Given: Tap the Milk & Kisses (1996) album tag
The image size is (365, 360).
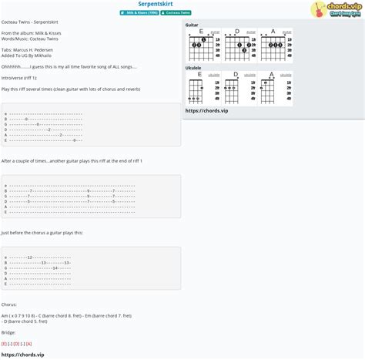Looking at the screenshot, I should point(139,13).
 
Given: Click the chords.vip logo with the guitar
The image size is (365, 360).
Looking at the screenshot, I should point(337,9).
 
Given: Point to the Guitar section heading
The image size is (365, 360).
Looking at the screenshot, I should point(192,25).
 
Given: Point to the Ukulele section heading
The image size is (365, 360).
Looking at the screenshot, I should point(193,68).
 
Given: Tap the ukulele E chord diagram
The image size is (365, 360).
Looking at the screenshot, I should point(199,89).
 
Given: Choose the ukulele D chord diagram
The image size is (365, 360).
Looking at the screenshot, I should point(236,89).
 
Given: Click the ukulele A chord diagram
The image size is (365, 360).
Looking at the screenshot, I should point(272,89).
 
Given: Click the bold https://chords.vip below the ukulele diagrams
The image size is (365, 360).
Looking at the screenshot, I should point(207,110).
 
